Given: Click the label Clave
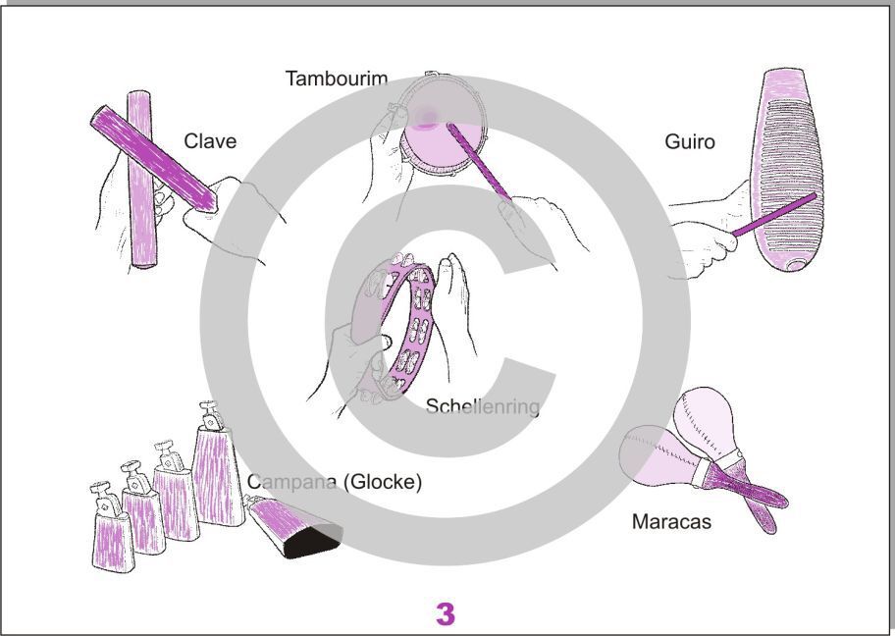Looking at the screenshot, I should (210, 141).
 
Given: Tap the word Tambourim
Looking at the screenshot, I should (337, 79).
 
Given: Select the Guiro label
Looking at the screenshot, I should (690, 141).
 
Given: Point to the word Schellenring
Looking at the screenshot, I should (483, 406).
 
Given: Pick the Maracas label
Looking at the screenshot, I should (671, 521).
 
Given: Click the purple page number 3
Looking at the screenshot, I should (446, 613).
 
